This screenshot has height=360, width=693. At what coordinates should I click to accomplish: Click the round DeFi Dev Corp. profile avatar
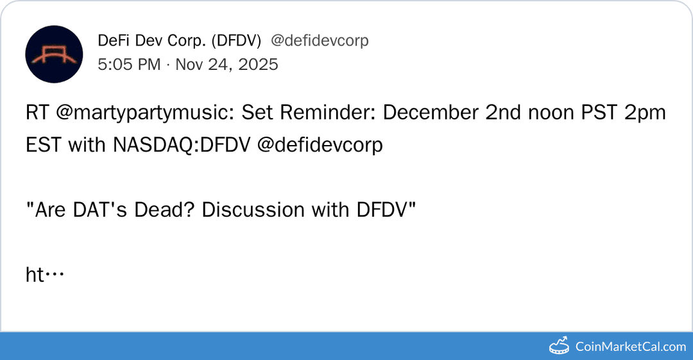(54, 55)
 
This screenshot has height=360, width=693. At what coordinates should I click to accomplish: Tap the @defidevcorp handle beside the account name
(320, 41)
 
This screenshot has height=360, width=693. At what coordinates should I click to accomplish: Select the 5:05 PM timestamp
(129, 64)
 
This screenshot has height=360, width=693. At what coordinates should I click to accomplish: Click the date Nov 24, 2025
(227, 64)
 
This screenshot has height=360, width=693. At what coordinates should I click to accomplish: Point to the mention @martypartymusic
(145, 113)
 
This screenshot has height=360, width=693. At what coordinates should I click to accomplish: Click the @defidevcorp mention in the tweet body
(320, 145)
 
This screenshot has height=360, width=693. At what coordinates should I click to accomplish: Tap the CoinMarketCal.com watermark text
(631, 347)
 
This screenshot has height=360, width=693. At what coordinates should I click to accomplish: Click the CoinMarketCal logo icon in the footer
(560, 346)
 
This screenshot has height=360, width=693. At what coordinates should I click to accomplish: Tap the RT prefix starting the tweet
(37, 113)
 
